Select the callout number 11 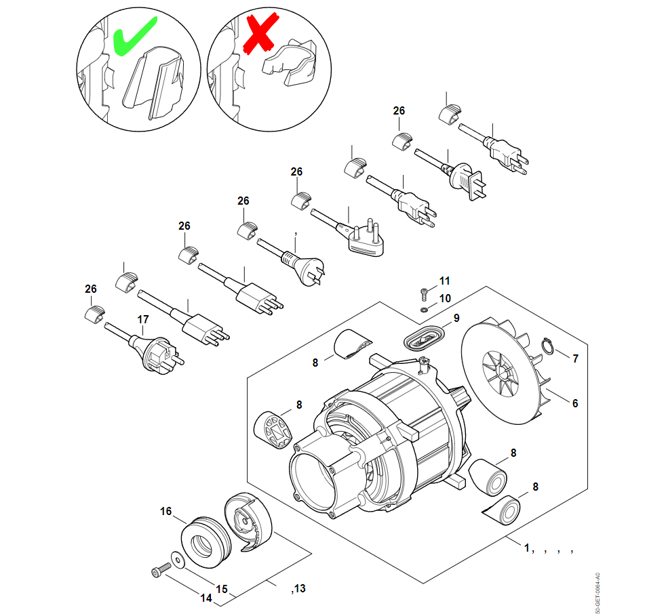click(444, 281)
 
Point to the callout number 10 click(444, 298)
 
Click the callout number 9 click(456, 318)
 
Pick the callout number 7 click(575, 359)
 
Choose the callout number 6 click(575, 403)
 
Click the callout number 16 click(167, 511)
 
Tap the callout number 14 click(206, 598)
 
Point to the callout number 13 click(299, 588)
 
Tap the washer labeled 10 click(424, 309)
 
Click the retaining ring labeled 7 click(547, 347)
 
